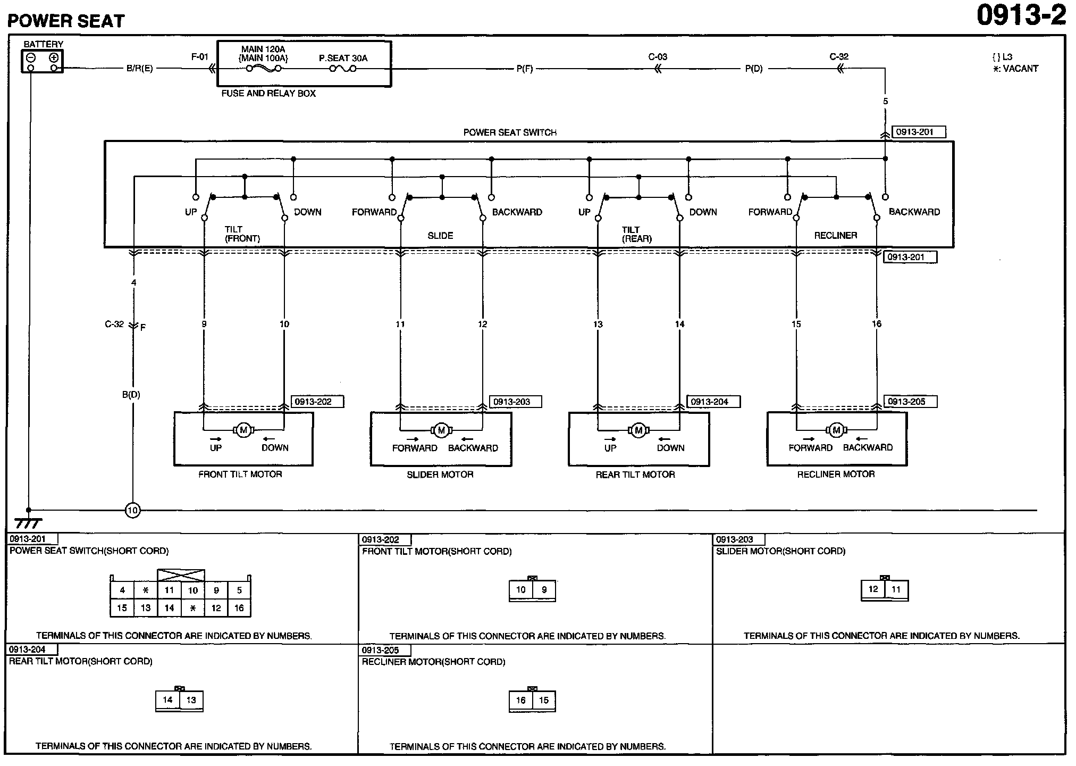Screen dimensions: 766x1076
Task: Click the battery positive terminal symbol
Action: click(54, 58)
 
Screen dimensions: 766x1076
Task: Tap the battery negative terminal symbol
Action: click(31, 58)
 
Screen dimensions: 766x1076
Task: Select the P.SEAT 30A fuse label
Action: click(343, 58)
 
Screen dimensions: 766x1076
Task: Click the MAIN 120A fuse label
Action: click(263, 49)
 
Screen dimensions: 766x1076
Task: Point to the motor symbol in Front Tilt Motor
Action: click(243, 430)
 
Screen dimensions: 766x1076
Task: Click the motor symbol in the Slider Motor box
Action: click(441, 430)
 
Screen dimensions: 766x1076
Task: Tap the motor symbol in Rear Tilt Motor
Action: click(638, 430)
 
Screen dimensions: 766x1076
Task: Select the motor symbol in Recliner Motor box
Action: click(836, 430)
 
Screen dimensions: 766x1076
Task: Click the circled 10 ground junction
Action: click(132, 511)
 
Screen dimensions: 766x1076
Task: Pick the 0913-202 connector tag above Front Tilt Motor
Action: click(317, 402)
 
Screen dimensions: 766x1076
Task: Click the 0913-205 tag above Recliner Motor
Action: click(910, 402)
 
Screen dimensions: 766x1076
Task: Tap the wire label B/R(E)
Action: click(140, 69)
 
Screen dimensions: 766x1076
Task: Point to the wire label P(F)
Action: click(525, 69)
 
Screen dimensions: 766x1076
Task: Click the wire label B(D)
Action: click(131, 395)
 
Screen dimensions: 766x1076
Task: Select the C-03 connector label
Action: click(658, 57)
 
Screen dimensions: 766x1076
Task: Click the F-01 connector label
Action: click(200, 57)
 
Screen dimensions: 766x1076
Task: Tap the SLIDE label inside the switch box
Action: click(440, 235)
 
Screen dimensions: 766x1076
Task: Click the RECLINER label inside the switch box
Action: click(836, 235)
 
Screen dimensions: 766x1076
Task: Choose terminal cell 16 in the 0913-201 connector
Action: click(239, 608)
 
